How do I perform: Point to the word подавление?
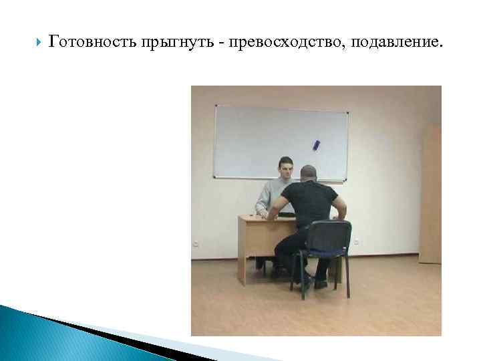(x=394, y=43)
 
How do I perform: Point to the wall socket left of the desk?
(x=195, y=242)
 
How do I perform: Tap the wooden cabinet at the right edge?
(x=430, y=194)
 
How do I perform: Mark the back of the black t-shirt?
(x=309, y=204)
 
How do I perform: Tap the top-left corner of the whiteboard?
(x=215, y=106)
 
